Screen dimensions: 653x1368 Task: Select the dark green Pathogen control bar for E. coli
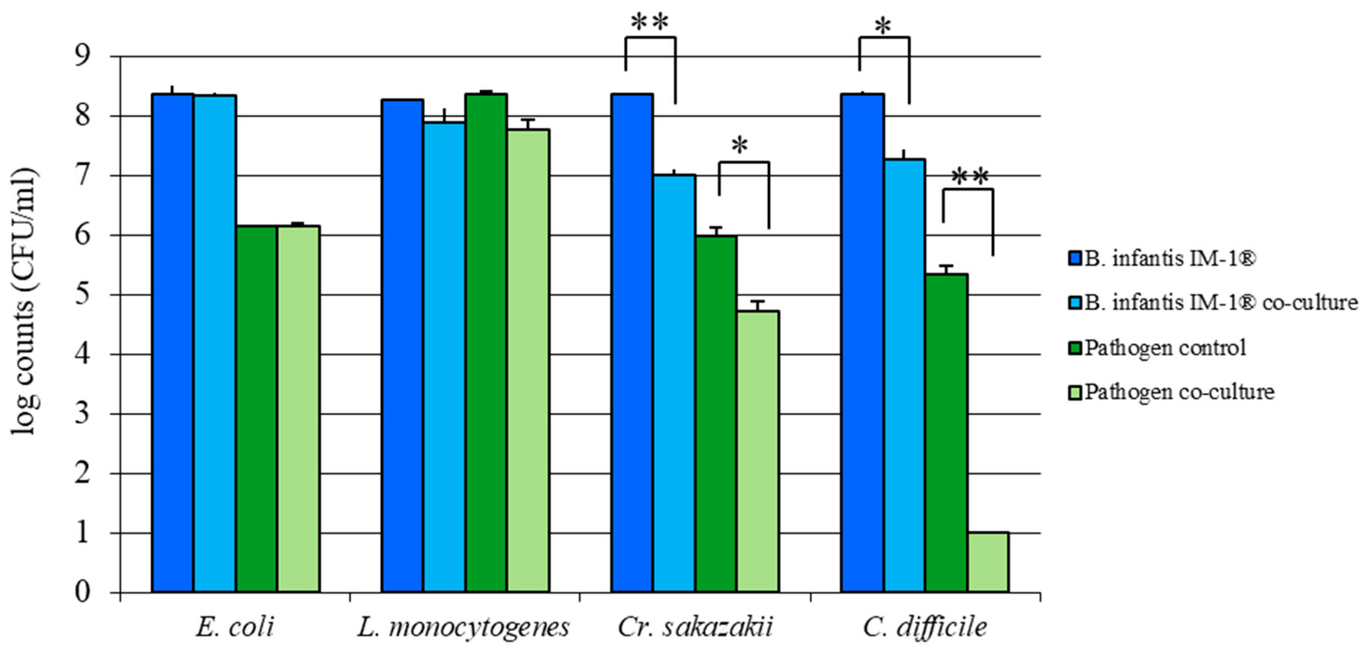(x=256, y=409)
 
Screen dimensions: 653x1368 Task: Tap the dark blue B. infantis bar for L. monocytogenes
(x=403, y=345)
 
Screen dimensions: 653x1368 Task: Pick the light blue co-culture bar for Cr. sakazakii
(x=674, y=382)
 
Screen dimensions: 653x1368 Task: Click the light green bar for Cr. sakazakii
(x=758, y=451)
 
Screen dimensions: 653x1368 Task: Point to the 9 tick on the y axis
(x=82, y=56)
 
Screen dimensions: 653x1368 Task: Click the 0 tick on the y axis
(x=82, y=592)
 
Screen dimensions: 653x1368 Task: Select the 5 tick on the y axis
(x=82, y=295)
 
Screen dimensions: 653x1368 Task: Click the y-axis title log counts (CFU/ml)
(x=24, y=303)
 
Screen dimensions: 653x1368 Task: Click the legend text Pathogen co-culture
(x=1179, y=392)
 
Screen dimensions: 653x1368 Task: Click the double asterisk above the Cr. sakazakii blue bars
(x=650, y=22)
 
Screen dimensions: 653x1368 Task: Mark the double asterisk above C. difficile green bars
(x=970, y=177)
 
